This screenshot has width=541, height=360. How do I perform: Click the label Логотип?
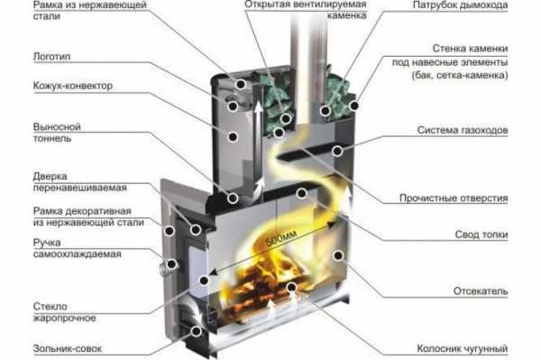(51, 56)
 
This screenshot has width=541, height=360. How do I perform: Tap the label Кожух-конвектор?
(73, 86)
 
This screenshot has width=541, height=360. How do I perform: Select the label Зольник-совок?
(68, 348)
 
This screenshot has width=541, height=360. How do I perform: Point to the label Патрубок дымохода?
(460, 5)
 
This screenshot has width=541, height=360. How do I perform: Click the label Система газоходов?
(463, 130)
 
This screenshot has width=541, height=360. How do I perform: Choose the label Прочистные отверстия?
(454, 198)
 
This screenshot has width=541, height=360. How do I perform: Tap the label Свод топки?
(481, 235)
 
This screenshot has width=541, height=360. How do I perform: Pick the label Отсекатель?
(481, 291)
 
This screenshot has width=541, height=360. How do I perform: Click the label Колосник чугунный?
(463, 348)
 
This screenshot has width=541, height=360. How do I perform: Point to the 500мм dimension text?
(282, 238)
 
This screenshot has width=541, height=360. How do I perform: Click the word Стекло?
(50, 306)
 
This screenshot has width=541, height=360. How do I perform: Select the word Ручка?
(47, 243)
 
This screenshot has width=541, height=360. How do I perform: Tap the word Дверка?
(50, 176)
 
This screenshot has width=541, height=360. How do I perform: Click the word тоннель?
(52, 138)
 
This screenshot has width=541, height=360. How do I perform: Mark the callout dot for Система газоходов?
(337, 151)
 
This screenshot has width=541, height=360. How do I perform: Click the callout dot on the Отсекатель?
(338, 255)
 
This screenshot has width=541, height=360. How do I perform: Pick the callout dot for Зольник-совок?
(197, 331)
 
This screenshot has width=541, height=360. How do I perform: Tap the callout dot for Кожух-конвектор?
(233, 137)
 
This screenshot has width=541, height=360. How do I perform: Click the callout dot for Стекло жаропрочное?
(205, 281)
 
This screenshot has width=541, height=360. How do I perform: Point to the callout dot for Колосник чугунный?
(291, 287)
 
